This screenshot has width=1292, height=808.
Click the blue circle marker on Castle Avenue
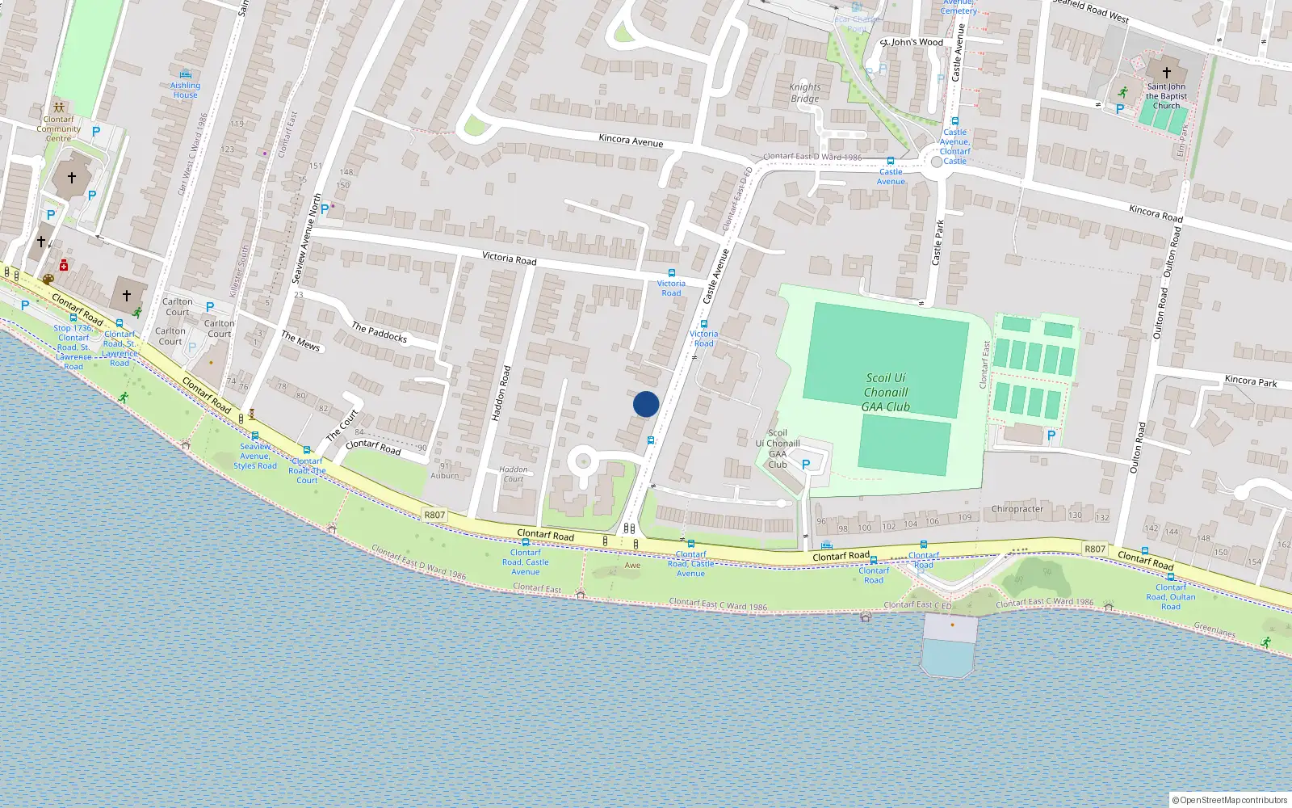tap(646, 404)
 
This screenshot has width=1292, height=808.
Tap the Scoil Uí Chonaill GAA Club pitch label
tap(886, 393)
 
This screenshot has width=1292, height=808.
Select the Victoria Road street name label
tap(509, 259)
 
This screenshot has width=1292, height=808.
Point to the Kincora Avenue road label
tap(631, 141)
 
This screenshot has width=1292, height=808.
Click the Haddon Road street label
tap(501, 393)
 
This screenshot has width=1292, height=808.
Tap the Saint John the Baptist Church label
tap(1166, 96)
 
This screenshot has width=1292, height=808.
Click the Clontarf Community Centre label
tap(58, 128)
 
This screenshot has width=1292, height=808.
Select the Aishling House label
tap(185, 90)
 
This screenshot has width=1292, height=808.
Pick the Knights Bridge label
tap(804, 93)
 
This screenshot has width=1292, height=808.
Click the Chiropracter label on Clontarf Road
tap(1017, 509)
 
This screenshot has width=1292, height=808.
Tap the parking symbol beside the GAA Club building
tap(805, 465)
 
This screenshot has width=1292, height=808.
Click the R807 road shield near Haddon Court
tap(434, 515)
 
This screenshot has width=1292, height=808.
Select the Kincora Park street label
tap(1251, 381)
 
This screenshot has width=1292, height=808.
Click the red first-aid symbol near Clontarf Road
tap(63, 265)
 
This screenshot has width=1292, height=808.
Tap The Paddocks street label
tap(379, 332)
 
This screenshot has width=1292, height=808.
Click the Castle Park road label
tap(938, 242)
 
